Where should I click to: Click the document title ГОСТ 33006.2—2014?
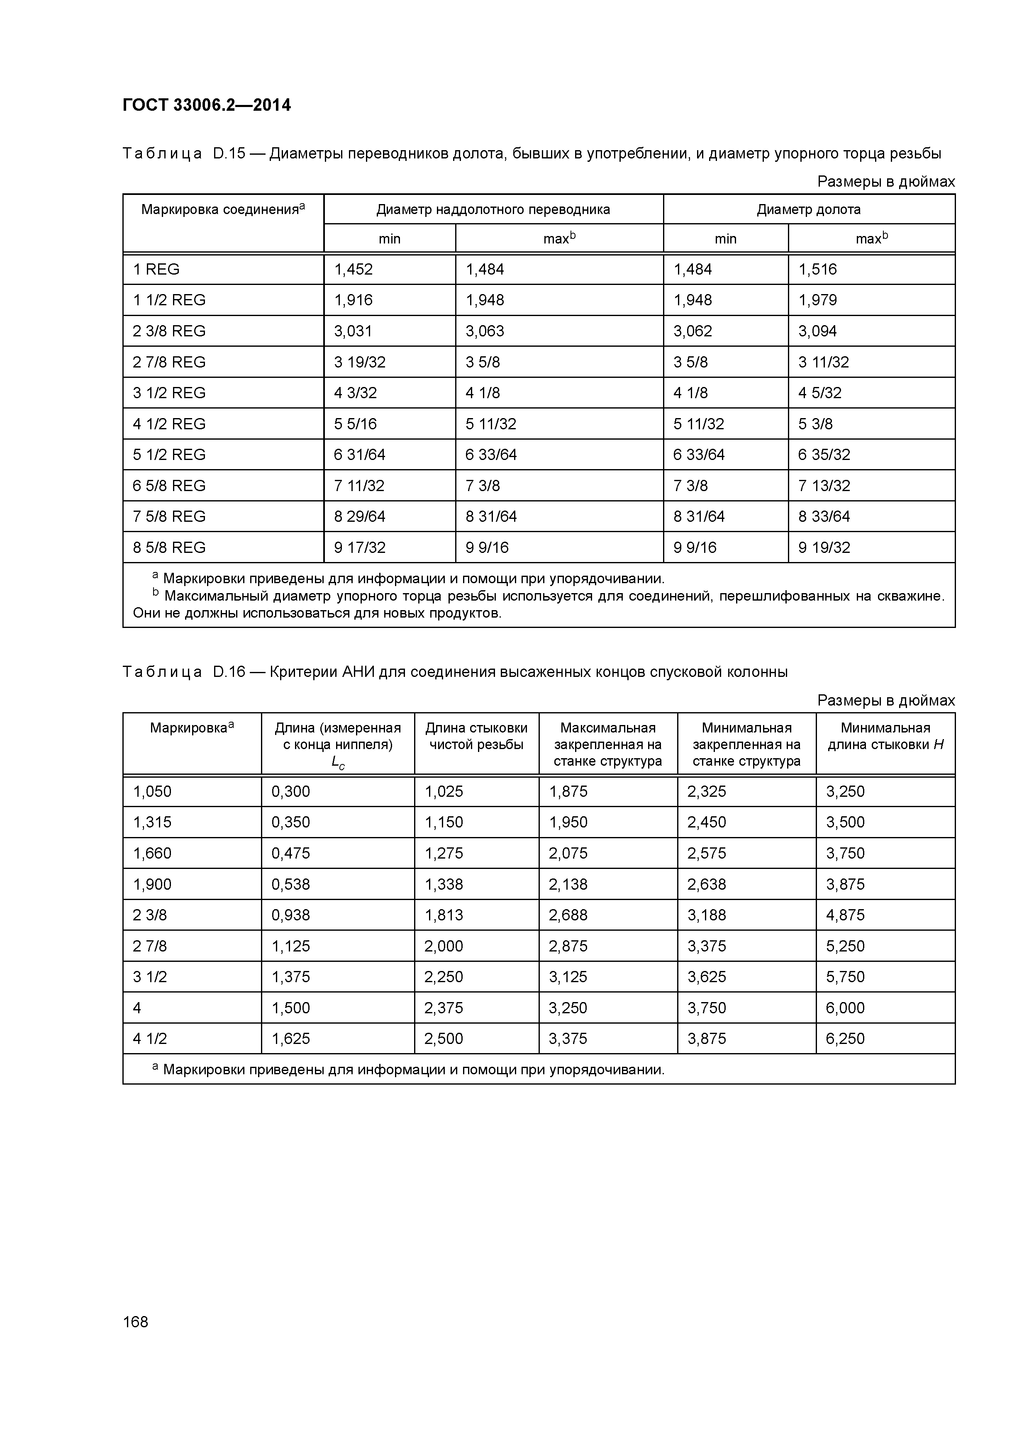207,105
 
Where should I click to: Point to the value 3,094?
817,331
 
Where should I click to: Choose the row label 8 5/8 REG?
169,547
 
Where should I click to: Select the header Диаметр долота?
808,210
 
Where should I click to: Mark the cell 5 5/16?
355,424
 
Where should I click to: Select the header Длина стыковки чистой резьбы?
476,736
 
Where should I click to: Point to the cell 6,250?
844,1039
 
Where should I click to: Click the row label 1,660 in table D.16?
152,853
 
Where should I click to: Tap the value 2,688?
568,915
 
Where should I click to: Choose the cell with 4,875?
844,915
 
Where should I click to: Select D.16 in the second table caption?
229,672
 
